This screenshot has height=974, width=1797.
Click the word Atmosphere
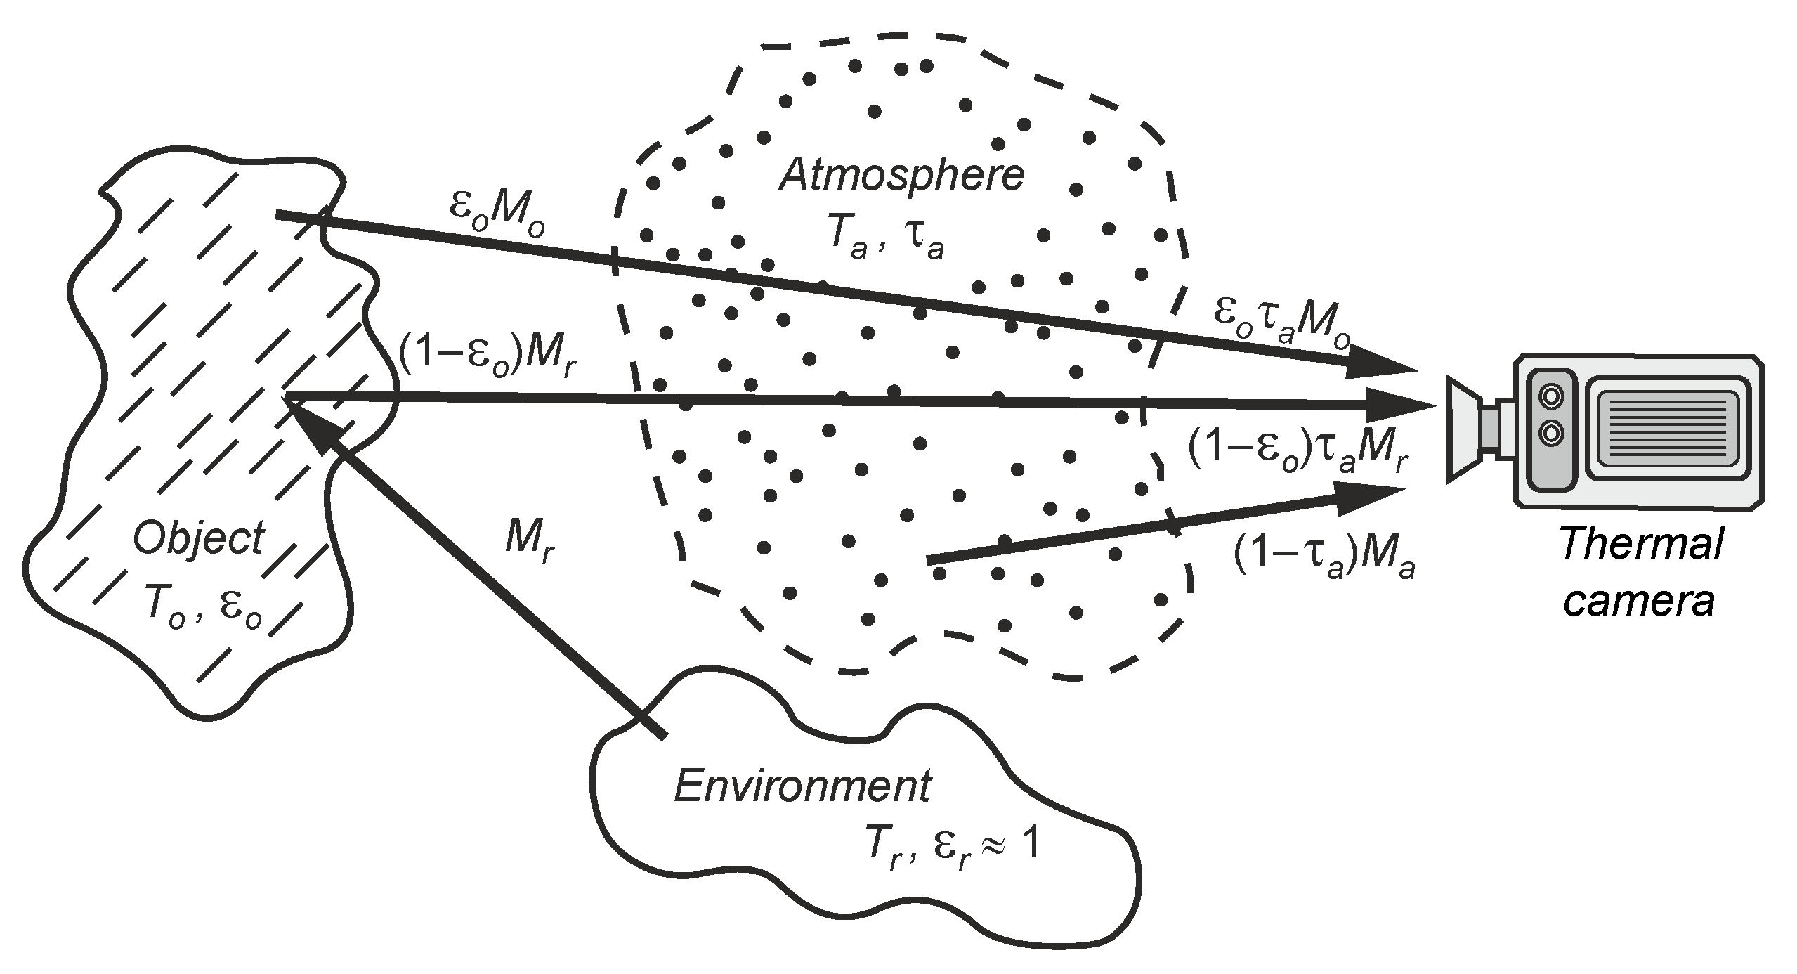click(x=902, y=176)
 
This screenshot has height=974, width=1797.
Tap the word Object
click(x=199, y=540)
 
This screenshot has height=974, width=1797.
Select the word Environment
click(x=802, y=787)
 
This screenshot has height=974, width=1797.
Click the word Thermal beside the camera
click(x=1641, y=545)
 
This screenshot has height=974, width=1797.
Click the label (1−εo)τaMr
click(x=1298, y=453)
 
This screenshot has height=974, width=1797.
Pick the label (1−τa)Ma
click(x=1324, y=559)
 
